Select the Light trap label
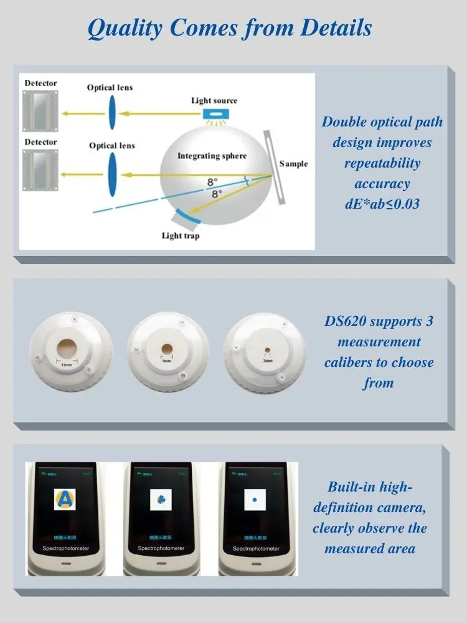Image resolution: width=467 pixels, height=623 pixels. point(181,235)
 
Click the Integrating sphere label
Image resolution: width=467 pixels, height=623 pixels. point(212,156)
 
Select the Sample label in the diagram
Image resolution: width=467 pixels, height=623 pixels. point(293,164)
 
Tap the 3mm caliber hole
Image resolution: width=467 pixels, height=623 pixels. point(267,350)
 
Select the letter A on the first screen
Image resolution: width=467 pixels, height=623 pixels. point(64,499)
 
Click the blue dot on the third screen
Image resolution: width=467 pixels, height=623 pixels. point(254,500)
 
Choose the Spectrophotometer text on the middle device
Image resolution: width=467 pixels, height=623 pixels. point(159,548)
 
